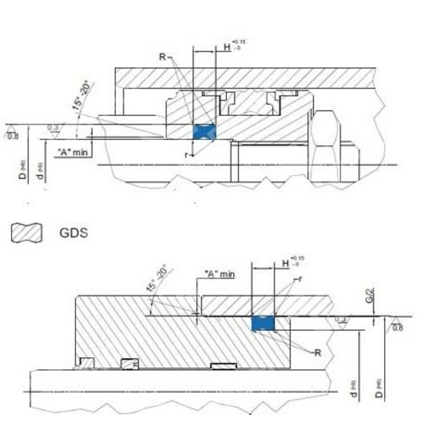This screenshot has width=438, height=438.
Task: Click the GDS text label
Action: [73, 233]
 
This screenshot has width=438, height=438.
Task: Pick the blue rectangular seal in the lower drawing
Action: [263, 323]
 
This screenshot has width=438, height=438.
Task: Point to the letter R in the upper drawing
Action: [162, 57]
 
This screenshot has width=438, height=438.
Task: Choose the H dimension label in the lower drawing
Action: [286, 263]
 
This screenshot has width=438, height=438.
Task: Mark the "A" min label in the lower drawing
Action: [220, 274]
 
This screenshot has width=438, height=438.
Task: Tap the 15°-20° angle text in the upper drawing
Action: [81, 95]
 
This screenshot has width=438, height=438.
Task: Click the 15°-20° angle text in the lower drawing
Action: [156, 279]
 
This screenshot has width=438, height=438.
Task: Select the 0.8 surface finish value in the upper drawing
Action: [13, 136]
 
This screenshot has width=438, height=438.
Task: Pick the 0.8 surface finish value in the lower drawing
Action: [397, 328]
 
